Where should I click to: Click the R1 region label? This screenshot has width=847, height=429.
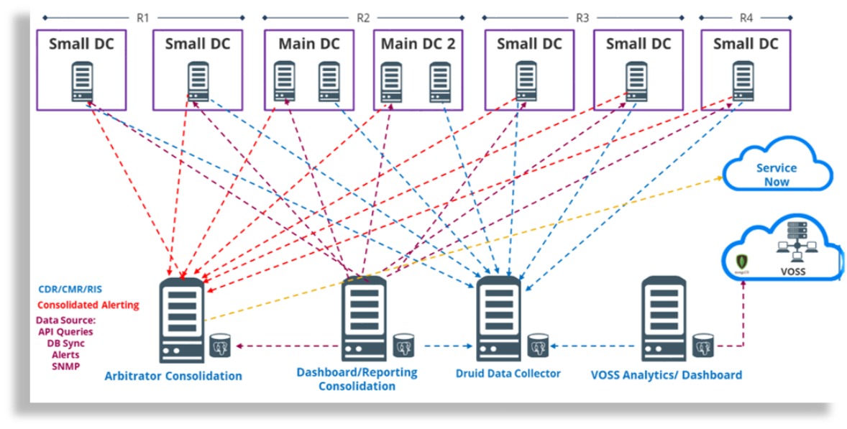[142, 17]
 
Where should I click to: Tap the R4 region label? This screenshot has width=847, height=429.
[746, 17]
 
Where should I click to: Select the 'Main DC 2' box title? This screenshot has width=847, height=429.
[418, 44]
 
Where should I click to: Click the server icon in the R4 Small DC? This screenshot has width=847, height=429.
[743, 80]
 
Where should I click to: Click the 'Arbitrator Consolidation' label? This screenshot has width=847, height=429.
[173, 376]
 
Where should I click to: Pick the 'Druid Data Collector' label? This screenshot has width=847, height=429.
[508, 373]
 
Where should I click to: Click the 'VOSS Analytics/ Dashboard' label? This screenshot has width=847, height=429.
[666, 374]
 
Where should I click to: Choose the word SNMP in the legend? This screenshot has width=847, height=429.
[65, 366]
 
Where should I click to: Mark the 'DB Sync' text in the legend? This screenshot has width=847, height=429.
[65, 343]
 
